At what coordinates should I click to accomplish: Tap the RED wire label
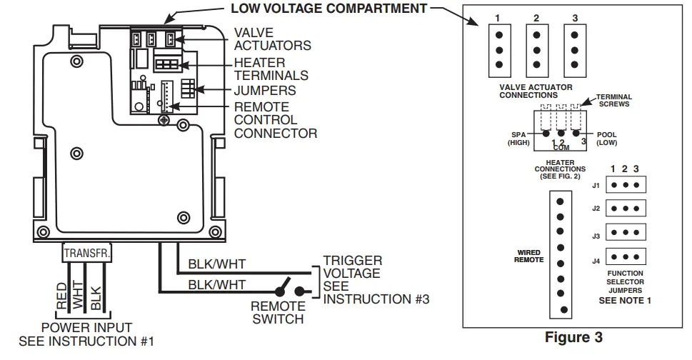62,294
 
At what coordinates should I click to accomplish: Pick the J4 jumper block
626,256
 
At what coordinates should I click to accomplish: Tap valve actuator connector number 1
498,49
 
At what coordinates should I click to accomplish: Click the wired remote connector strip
560,255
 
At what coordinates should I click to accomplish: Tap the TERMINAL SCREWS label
614,101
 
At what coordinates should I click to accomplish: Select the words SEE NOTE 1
625,301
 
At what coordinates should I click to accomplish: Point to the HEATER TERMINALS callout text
271,69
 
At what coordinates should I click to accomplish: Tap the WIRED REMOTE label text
529,256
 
